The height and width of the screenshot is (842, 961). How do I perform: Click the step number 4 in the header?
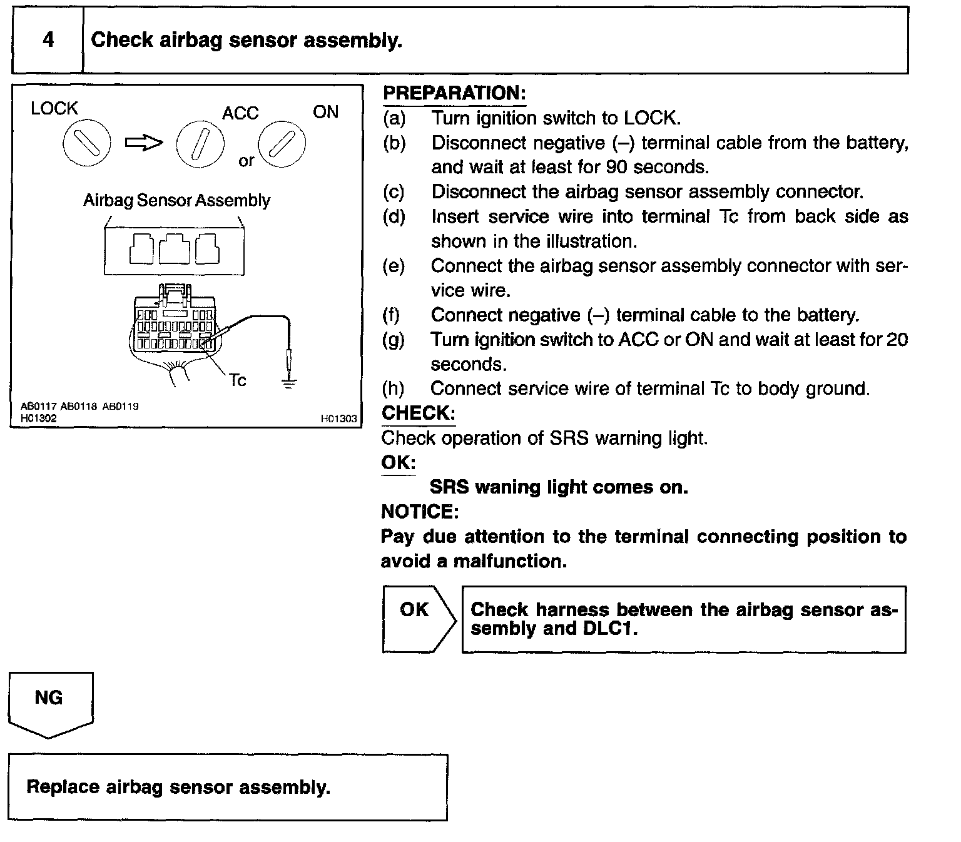coord(48,40)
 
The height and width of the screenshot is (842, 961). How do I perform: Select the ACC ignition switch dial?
coord(200,144)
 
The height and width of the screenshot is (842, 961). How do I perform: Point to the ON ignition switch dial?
coord(282,143)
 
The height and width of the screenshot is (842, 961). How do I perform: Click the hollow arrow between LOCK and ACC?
coord(144,143)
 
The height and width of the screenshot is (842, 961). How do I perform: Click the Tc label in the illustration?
coord(237,380)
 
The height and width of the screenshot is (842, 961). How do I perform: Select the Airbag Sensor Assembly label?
coord(177,200)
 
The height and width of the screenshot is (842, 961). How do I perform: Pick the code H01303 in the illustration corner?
coord(338,418)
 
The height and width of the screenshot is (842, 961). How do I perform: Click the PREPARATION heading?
coord(454,93)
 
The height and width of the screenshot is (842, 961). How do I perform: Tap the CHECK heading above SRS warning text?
coord(418,413)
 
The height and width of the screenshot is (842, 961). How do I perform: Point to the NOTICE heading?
coord(420,512)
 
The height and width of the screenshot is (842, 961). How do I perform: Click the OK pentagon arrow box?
coord(419,618)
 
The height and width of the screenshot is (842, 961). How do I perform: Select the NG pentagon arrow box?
coord(50,703)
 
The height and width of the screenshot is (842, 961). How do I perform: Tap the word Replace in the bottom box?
coord(63,786)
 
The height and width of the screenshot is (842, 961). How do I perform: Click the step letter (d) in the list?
coord(394,216)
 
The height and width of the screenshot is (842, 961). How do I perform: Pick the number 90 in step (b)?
coord(617,167)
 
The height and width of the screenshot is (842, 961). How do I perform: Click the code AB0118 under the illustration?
coord(79,406)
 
